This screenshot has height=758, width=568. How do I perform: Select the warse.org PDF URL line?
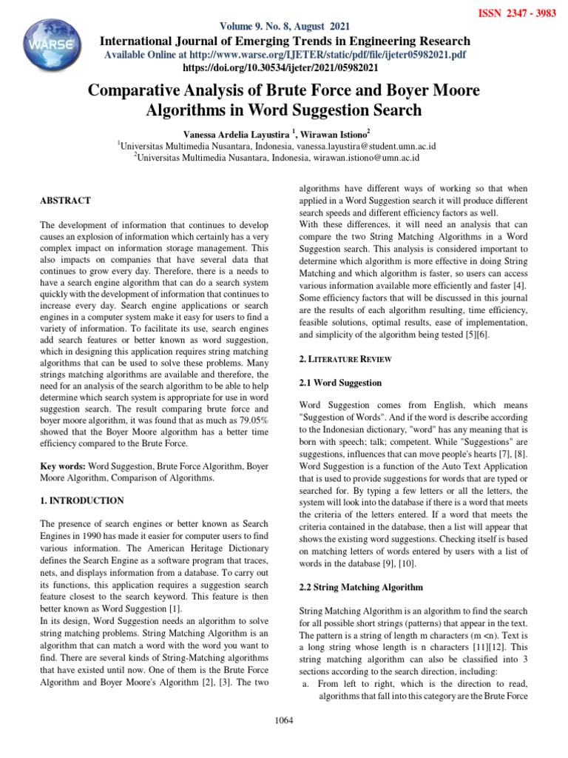285,55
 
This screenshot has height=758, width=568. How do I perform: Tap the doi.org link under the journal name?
285,67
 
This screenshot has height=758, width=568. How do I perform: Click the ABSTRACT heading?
66,201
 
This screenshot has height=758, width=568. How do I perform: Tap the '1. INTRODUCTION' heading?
81,500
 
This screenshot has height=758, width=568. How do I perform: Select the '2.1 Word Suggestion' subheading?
340,383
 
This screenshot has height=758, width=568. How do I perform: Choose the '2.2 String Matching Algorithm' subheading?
361,587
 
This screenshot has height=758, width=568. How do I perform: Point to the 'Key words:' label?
63,467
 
